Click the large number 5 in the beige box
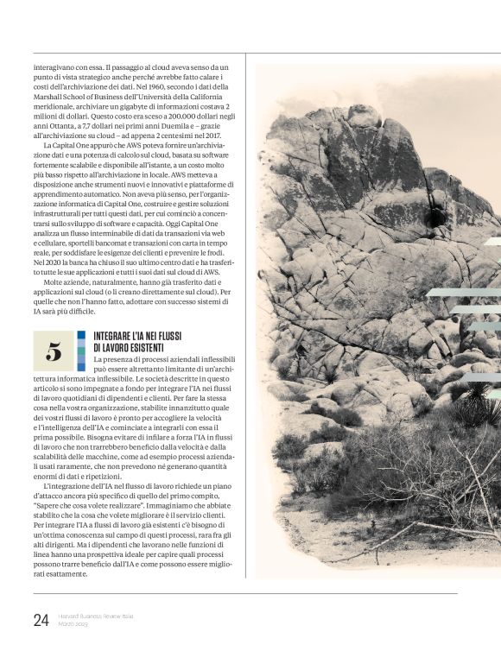54,351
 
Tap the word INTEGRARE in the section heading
114,336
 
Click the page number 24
41,619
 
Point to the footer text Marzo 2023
73,623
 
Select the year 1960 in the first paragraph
139,86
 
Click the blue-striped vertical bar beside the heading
81,351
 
